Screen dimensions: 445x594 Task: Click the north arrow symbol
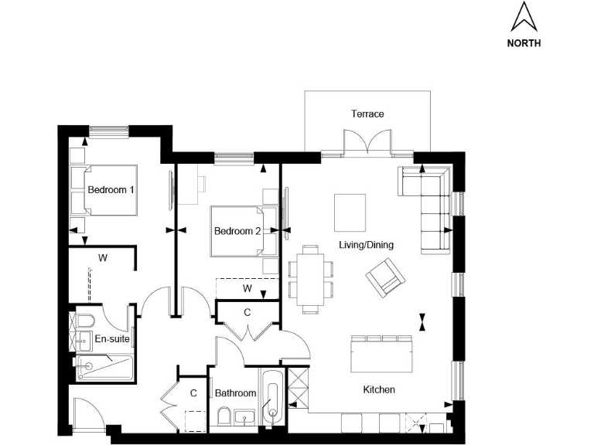(524, 16)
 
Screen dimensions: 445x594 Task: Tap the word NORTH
(524, 43)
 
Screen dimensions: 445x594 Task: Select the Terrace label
(367, 114)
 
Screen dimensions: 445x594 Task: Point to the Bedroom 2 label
(237, 231)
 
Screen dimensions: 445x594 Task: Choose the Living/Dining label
(366, 245)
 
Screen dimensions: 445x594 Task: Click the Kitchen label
(379, 390)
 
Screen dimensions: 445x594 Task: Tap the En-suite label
(112, 338)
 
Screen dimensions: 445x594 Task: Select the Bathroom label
(235, 393)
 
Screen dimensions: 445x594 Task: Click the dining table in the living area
(311, 278)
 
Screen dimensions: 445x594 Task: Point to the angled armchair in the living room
(384, 277)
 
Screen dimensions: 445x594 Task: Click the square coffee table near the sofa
(350, 212)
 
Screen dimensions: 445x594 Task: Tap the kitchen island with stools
(382, 356)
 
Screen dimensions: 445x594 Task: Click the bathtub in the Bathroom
(271, 396)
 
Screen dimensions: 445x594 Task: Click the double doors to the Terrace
(367, 142)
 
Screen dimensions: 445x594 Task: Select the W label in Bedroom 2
(247, 288)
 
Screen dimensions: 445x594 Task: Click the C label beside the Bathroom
(193, 393)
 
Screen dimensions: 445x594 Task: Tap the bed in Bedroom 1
(104, 189)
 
